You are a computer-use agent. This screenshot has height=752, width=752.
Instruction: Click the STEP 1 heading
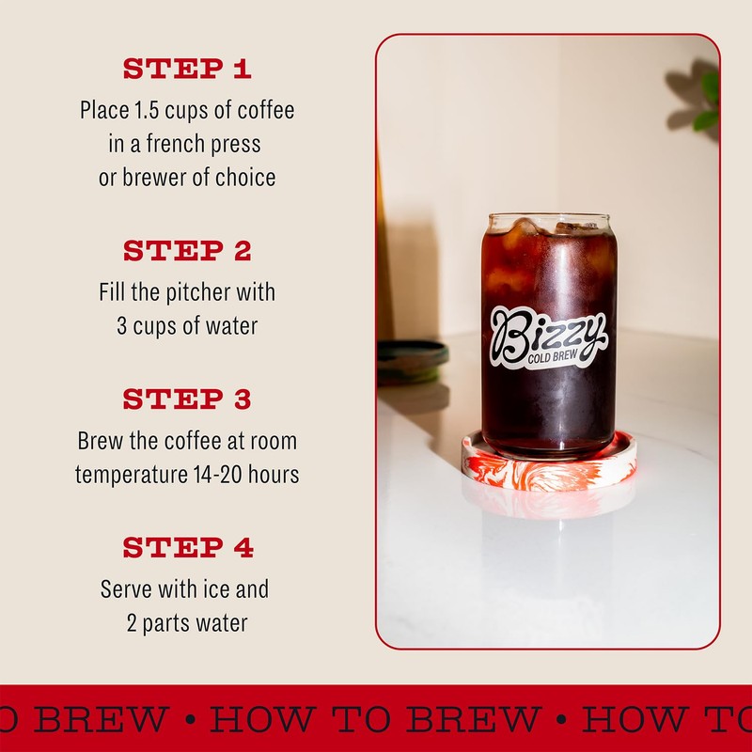pyautogui.click(x=187, y=70)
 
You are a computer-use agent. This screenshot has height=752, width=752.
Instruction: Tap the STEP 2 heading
pyautogui.click(x=187, y=251)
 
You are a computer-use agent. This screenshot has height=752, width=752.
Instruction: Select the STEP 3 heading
pyautogui.click(x=187, y=399)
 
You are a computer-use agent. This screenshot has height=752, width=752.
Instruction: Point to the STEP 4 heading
pyautogui.click(x=187, y=547)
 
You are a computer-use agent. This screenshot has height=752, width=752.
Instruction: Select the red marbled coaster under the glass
pyautogui.click(x=549, y=466)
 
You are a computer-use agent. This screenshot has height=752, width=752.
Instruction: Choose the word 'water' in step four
pyautogui.click(x=219, y=623)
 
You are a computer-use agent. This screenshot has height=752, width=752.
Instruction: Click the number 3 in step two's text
pyautogui.click(x=121, y=326)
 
